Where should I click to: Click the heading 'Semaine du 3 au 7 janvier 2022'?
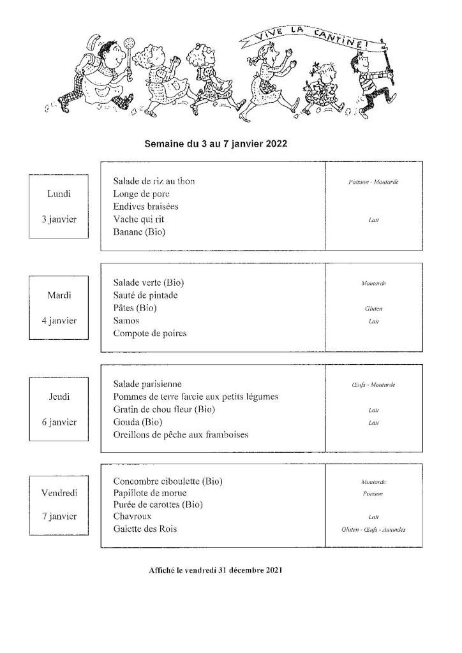click(216, 144)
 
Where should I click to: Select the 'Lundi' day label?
click(59, 193)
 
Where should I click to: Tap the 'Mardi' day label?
click(59, 295)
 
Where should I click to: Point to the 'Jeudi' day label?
click(59, 397)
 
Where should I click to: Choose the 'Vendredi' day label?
click(59, 493)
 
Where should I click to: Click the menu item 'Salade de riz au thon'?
click(154, 181)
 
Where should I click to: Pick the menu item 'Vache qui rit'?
click(138, 219)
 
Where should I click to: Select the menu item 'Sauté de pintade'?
click(145, 295)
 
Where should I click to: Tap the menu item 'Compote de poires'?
click(150, 334)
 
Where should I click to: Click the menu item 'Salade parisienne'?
click(147, 384)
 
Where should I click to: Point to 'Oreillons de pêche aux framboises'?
click(181, 435)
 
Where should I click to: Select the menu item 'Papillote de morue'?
click(150, 493)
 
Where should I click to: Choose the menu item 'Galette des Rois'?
click(145, 529)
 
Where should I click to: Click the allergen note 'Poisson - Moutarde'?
click(373, 182)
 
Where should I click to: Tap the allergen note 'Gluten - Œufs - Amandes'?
click(373, 529)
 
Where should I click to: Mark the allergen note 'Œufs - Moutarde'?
click(373, 385)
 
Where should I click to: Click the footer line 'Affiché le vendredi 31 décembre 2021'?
click(216, 570)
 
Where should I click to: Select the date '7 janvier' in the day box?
click(59, 517)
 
